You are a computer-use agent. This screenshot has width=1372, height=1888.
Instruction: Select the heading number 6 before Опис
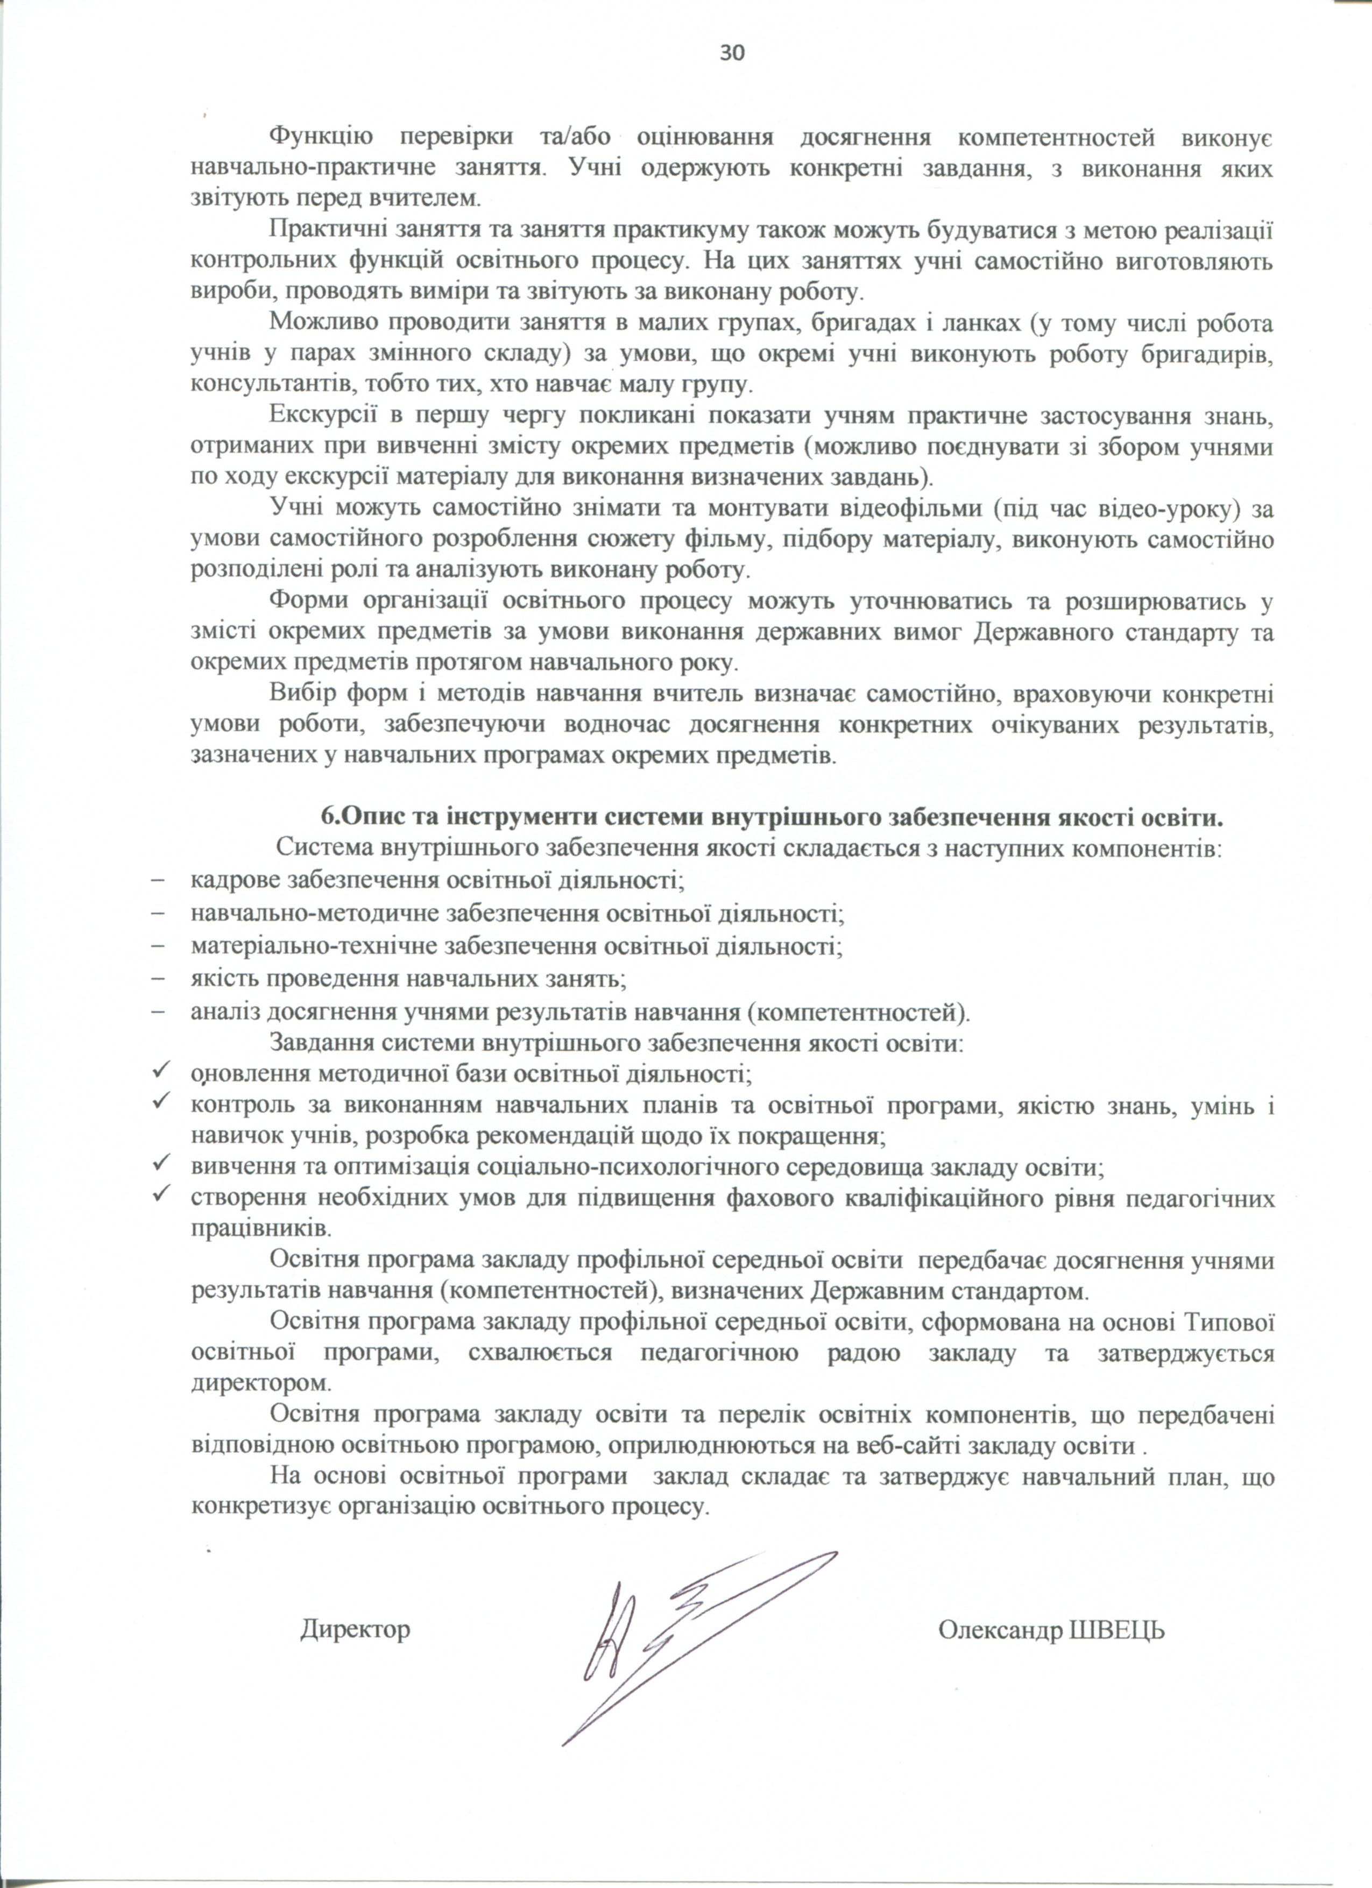327,817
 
